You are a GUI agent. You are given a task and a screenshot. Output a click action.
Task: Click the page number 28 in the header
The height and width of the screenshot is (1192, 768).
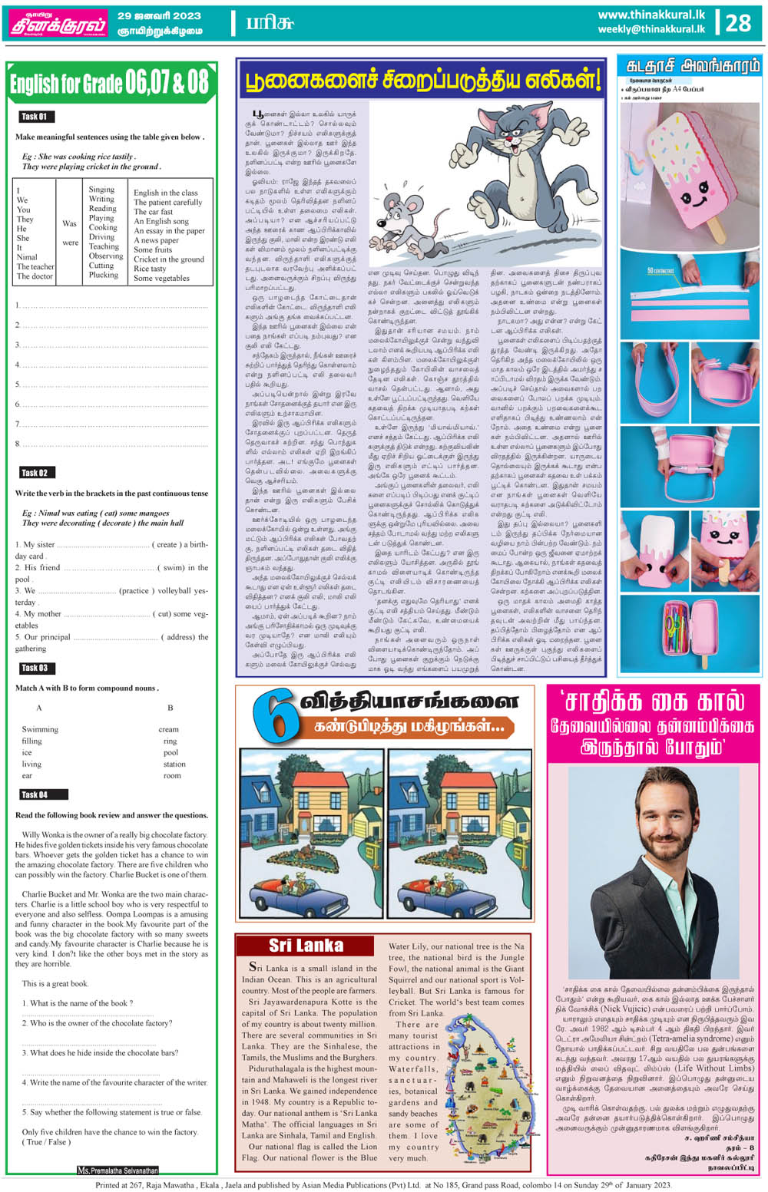738,23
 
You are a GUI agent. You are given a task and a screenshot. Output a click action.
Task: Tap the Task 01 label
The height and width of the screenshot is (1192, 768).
35,117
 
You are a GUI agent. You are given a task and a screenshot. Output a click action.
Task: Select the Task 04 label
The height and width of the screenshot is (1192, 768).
35,794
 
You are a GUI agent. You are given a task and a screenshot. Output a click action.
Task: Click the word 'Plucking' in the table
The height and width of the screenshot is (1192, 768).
103,275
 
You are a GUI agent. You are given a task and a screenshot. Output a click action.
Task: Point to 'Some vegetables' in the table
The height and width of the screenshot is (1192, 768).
161,279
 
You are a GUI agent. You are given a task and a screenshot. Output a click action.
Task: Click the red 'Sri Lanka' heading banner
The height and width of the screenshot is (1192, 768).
306,946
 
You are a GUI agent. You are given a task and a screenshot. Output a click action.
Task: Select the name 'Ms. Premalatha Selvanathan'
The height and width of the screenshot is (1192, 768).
118,1171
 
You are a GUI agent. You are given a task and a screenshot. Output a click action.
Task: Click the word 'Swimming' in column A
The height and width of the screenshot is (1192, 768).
40,729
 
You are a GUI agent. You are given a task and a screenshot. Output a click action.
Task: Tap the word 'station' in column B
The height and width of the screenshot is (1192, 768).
174,764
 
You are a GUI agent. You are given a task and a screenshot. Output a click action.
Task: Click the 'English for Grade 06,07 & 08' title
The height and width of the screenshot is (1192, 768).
109,83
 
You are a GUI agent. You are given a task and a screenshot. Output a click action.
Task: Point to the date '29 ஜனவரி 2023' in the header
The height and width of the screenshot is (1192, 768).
159,15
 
